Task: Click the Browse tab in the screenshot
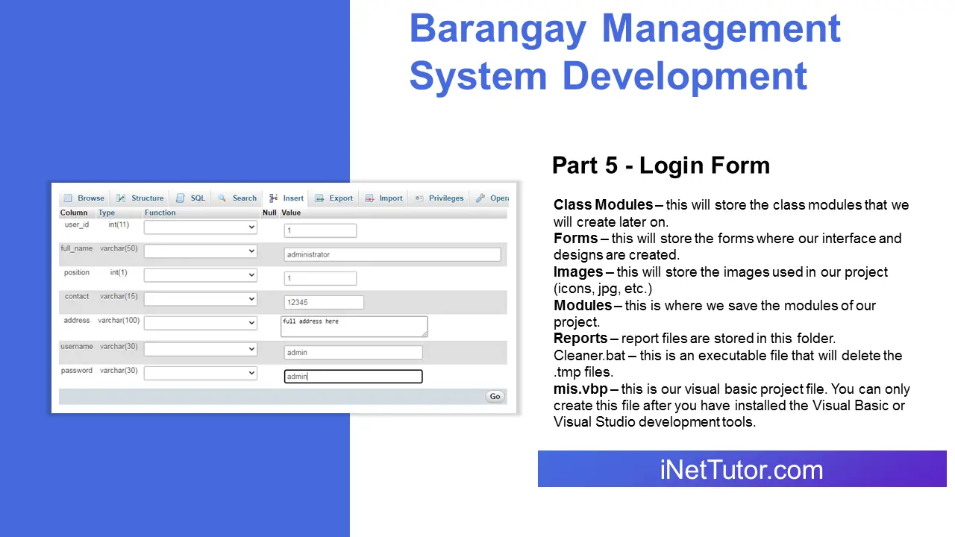coord(84,198)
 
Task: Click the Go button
coord(495,397)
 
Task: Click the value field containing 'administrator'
coord(392,254)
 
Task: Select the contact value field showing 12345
coord(324,302)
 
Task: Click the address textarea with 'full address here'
coord(354,326)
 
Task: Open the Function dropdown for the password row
coord(201,373)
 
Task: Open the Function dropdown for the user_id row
coord(201,227)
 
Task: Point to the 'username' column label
coord(77,347)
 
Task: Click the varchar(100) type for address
coord(119,321)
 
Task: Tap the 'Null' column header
coord(269,213)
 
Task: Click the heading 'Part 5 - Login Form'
coord(660,165)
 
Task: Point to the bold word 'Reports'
coord(580,339)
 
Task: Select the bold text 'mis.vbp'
coord(580,389)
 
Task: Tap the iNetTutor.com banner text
coord(741,470)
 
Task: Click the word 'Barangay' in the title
coord(497,28)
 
